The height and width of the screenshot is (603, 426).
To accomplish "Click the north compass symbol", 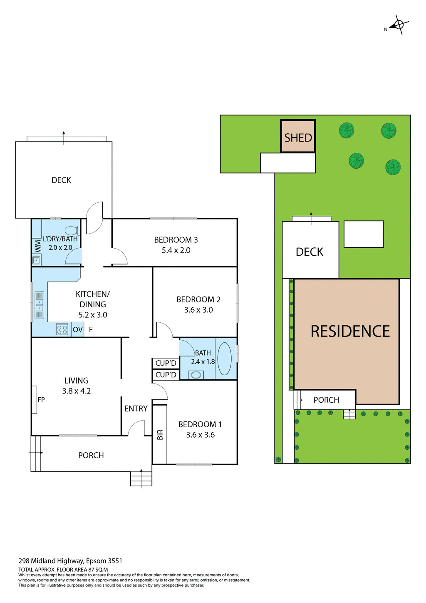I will [x=399, y=25].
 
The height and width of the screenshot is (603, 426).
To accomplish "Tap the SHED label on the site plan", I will [x=298, y=137].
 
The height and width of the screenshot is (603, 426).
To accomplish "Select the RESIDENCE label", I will [x=350, y=331].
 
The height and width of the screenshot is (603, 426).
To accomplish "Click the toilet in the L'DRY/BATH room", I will [x=72, y=230].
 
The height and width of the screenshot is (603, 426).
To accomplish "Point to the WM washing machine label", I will [x=38, y=246].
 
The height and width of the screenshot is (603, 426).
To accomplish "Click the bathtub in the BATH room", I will [x=225, y=359].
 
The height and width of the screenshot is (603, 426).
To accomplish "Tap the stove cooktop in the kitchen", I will [x=62, y=329].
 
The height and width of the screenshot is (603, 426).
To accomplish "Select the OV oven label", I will [x=78, y=329].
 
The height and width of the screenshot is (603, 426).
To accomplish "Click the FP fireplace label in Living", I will [x=41, y=400].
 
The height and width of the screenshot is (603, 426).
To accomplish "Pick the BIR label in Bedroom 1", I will [x=160, y=435].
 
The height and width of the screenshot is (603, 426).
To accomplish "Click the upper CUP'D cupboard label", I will [x=166, y=363].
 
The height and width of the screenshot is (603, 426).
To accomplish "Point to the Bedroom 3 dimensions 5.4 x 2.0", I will [x=176, y=250].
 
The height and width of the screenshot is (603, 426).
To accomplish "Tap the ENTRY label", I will [x=136, y=409].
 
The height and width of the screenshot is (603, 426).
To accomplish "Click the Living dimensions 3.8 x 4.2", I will [x=77, y=391].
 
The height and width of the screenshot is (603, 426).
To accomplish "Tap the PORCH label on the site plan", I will [x=326, y=400].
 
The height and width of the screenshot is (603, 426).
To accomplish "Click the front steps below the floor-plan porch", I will [x=141, y=478].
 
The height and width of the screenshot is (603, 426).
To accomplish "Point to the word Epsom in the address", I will [x=96, y=561].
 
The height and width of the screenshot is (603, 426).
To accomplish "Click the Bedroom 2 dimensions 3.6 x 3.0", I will [x=198, y=310].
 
